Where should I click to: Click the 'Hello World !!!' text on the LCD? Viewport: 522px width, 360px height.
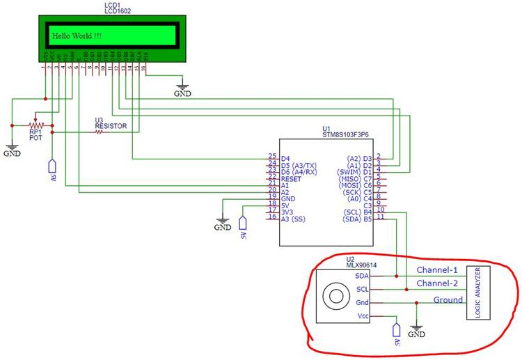click(x=76, y=35)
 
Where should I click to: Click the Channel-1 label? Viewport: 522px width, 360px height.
click(x=437, y=269)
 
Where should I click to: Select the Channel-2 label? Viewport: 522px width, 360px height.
click(x=437, y=283)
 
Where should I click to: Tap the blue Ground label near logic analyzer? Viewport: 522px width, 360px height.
click(x=448, y=299)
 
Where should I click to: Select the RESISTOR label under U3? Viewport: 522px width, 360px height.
click(x=111, y=126)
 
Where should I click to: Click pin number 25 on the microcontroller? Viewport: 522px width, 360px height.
click(x=272, y=157)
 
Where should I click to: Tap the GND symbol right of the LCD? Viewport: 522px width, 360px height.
click(x=182, y=93)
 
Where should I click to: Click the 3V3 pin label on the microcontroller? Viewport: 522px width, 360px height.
click(x=288, y=211)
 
